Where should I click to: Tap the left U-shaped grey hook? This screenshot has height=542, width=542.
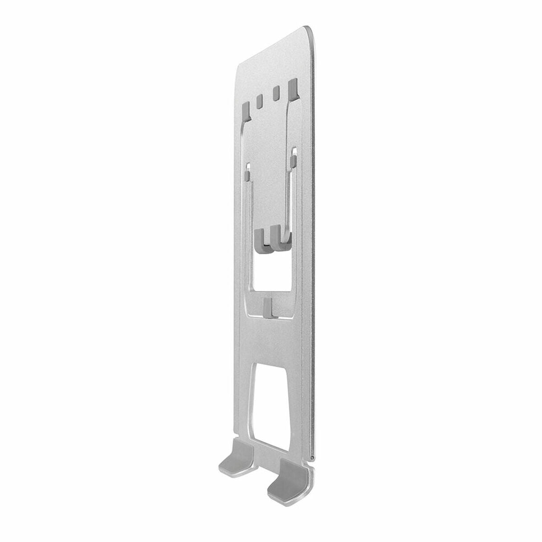pyautogui.click(x=262, y=241)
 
